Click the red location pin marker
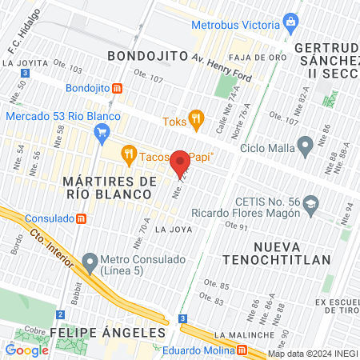[181, 162]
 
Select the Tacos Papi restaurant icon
[127, 154]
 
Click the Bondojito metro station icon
[118, 87]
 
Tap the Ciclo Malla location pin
[304, 146]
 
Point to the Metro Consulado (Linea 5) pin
[90, 262]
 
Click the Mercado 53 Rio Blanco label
[62, 116]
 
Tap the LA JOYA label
[174, 229]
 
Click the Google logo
[26, 350]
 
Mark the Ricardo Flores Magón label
[246, 214]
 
